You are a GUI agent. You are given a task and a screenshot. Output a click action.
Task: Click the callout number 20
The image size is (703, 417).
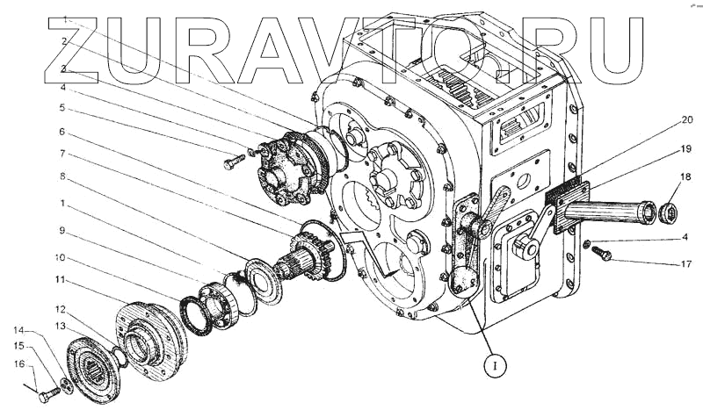[x=686, y=120]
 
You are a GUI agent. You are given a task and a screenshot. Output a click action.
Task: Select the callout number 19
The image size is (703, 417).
[x=685, y=149]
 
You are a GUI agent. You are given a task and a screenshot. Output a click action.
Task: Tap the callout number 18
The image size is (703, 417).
[x=685, y=177]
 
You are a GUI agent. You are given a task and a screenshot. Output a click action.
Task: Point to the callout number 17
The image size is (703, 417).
[x=686, y=264]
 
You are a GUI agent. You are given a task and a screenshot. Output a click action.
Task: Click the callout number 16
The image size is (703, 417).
[x=19, y=364]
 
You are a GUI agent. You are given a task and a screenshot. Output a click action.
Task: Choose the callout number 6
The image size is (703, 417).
[x=62, y=132]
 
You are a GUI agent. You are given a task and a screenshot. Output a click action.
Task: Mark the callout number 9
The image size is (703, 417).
[x=62, y=231]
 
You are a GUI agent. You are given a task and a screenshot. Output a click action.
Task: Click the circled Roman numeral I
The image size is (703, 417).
[x=495, y=366]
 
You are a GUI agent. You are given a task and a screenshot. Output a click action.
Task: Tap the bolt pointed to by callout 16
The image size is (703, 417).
[x=48, y=394]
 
